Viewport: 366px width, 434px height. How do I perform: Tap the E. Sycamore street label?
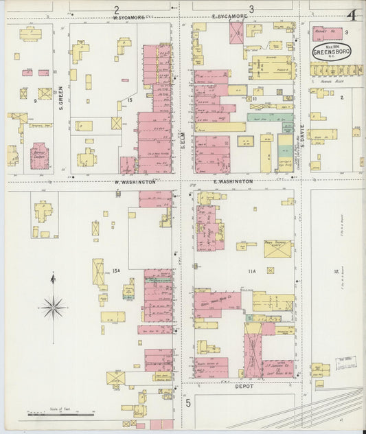coord(229,17)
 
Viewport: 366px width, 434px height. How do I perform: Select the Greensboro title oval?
coord(331,51)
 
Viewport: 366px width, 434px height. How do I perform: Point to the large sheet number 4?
coord(351,14)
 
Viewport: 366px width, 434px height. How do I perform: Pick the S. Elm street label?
coord(183,140)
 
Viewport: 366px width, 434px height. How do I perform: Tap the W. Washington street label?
coord(135,182)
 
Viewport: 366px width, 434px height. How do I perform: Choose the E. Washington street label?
coord(233,181)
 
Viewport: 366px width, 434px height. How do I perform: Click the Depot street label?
coord(244,386)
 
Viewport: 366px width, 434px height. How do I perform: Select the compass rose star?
coord(54,307)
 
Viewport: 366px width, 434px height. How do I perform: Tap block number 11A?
coord(251,271)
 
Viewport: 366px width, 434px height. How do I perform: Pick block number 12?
coord(336,272)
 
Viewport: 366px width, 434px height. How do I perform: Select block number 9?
coord(34,101)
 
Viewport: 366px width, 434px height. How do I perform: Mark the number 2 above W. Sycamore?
coord(117,9)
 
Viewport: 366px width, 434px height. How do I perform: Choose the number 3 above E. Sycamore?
coord(251,9)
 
